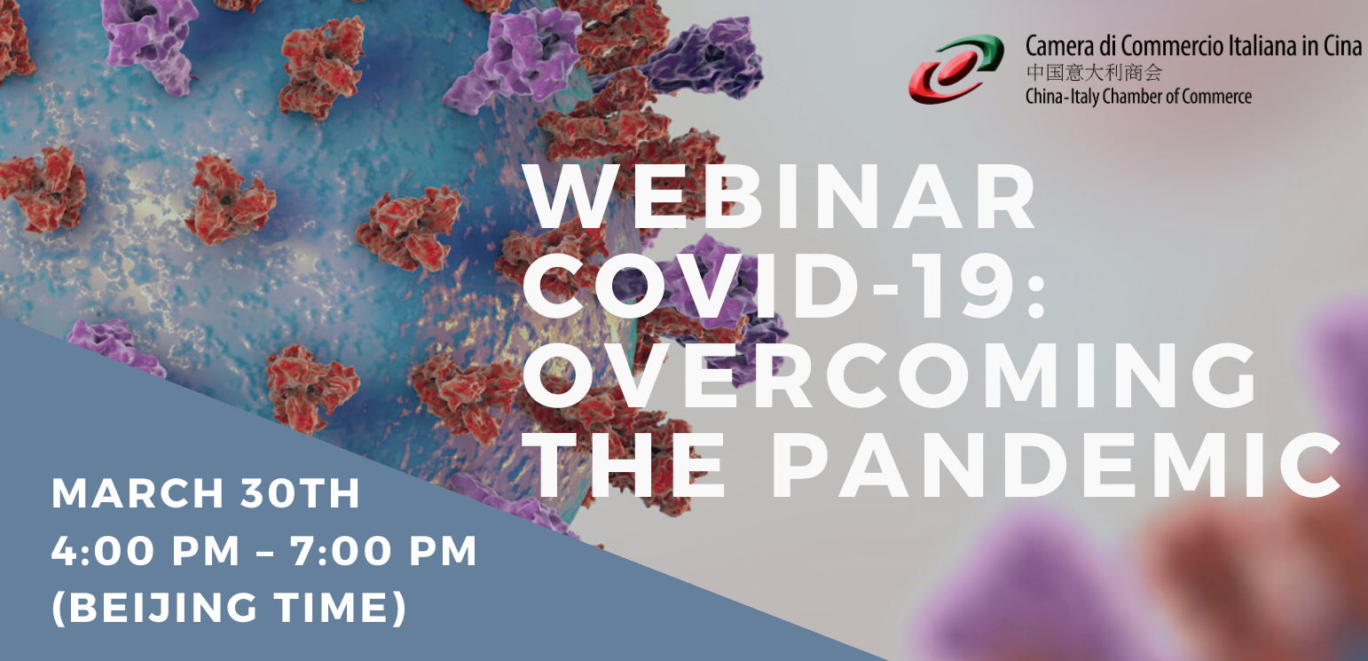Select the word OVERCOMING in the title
[889, 374]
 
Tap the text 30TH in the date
[300, 493]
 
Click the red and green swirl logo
[956, 68]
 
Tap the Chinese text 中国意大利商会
[1094, 73]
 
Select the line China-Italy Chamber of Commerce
[1138, 97]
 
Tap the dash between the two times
[265, 552]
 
